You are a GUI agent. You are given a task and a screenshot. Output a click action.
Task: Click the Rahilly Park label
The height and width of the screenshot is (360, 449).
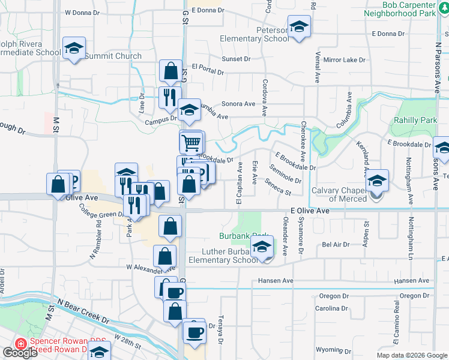point(415,120)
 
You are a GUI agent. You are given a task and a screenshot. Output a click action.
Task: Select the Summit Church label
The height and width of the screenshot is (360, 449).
point(113,56)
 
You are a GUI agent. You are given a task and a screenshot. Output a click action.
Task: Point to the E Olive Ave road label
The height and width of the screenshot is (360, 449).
point(310,211)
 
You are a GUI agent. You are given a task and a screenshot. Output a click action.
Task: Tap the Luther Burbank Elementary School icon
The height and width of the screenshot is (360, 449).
point(262,248)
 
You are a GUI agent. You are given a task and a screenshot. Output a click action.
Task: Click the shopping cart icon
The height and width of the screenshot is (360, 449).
point(191,143)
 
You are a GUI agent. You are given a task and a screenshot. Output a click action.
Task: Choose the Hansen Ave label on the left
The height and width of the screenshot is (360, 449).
point(276,281)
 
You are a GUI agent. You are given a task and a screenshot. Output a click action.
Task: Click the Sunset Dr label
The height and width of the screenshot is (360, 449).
point(236,59)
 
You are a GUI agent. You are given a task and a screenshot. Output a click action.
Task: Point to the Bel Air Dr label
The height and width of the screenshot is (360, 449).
point(336,245)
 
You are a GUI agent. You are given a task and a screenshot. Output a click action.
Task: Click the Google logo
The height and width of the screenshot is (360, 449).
point(20,353)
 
